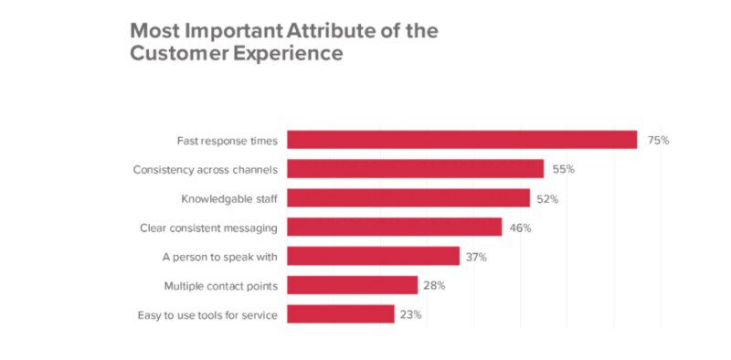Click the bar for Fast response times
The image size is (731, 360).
pyautogui.click(x=461, y=140)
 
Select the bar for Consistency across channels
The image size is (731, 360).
pyautogui.click(x=416, y=169)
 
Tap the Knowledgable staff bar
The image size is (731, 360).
pyautogui.click(x=408, y=198)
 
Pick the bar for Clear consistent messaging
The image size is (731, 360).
pyautogui.click(x=395, y=228)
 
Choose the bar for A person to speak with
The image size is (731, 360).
pyautogui.click(x=374, y=257)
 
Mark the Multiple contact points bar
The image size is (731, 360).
pyautogui.click(x=353, y=285)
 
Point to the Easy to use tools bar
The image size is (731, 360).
pyautogui.click(x=341, y=314)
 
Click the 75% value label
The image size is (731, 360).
pyautogui.click(x=659, y=141)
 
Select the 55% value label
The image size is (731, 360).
pyautogui.click(x=564, y=170)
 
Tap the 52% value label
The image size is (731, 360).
pyautogui.click(x=549, y=199)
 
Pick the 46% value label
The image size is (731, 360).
pyautogui.click(x=521, y=228)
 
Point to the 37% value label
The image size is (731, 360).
pyautogui.click(x=476, y=258)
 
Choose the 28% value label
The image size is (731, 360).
pyautogui.click(x=434, y=286)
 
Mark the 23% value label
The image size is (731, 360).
pyautogui.click(x=410, y=315)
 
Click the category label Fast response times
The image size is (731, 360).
pyautogui.click(x=227, y=141)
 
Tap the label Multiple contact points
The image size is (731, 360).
pyautogui.click(x=220, y=286)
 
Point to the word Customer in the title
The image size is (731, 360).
pyautogui.click(x=175, y=54)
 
